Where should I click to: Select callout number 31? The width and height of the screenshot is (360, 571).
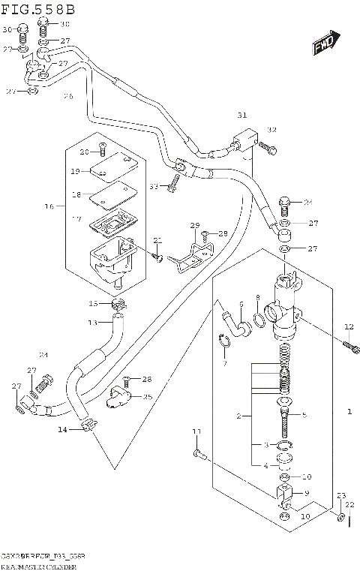pyautogui.click(x=241, y=115)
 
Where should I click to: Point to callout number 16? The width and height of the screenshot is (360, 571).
pyautogui.click(x=49, y=205)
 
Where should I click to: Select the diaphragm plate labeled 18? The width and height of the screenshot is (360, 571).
pyautogui.click(x=107, y=197)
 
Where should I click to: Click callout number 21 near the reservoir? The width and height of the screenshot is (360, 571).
pyautogui.click(x=157, y=240)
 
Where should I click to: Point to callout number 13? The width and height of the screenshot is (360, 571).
pyautogui.click(x=93, y=323)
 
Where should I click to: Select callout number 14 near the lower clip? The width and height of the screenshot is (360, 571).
pyautogui.click(x=62, y=429)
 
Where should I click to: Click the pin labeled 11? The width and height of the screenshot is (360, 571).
pyautogui.click(x=197, y=452)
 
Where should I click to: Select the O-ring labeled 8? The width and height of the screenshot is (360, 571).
pyautogui.click(x=259, y=322)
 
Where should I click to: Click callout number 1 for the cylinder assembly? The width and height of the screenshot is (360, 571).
pyautogui.click(x=349, y=412)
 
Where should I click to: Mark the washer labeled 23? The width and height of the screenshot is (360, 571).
pyautogui.click(x=341, y=518)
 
